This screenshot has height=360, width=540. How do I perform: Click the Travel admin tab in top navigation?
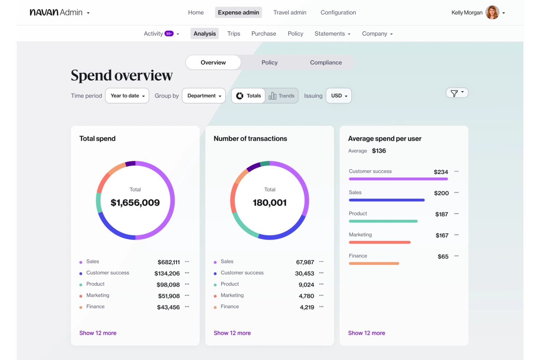[290, 12]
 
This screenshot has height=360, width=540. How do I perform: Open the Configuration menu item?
[338, 12]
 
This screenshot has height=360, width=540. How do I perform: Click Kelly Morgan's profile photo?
[492, 12]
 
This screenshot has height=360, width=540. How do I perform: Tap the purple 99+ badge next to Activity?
[169, 34]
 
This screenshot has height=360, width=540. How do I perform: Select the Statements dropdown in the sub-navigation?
[332, 34]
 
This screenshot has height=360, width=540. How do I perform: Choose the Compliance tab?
[325, 62]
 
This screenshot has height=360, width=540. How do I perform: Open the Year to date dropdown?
[127, 96]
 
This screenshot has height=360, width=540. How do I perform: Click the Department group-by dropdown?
[204, 96]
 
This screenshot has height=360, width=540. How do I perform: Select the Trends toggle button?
[282, 96]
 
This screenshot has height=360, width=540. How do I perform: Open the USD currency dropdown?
[339, 96]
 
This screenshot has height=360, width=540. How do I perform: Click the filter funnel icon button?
[456, 93]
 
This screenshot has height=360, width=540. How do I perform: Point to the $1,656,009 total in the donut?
[135, 202]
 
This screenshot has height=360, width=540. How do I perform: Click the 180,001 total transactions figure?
[270, 202]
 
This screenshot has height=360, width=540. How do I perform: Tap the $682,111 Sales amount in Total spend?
[169, 262]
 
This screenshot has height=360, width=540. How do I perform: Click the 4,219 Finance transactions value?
[307, 307]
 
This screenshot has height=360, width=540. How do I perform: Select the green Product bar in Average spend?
[383, 221]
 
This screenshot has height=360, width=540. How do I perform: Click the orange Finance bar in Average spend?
[374, 263]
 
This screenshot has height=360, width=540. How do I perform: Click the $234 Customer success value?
[441, 172]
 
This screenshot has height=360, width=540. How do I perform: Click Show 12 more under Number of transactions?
[232, 333]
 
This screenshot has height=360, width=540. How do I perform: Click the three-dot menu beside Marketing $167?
[456, 235]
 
